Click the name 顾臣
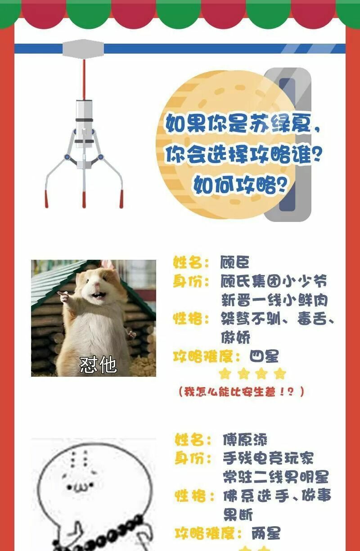click(234, 262)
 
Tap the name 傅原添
click(245, 440)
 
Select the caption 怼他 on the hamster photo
click(98, 365)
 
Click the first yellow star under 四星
click(225, 374)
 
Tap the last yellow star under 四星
click(280, 374)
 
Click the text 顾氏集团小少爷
click(274, 281)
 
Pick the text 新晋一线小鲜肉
click(274, 300)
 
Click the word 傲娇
click(235, 337)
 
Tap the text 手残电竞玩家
click(268, 459)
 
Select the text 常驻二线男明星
click(276, 477)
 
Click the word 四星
click(264, 356)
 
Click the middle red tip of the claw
click(84, 200)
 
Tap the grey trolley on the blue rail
click(83, 48)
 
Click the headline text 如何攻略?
click(240, 185)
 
